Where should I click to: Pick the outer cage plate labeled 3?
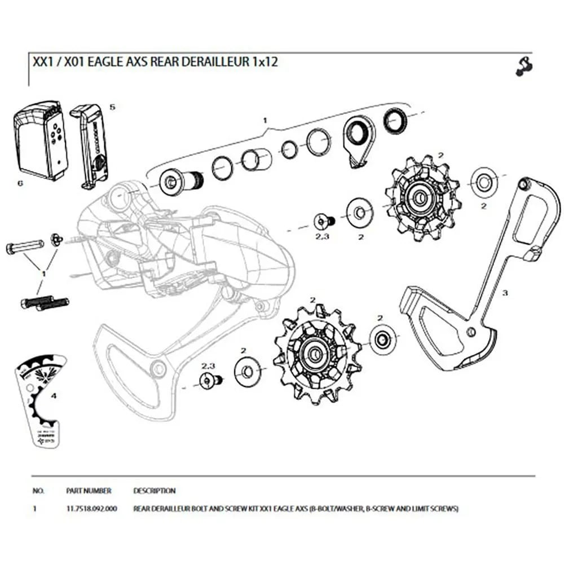point(479,282)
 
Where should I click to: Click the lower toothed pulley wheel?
point(316,350)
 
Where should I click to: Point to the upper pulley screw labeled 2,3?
point(323,221)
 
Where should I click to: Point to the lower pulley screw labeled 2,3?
point(210,381)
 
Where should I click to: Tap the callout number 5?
point(112,107)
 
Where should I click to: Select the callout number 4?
point(54,396)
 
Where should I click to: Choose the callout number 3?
point(505,293)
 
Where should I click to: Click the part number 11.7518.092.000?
point(91,509)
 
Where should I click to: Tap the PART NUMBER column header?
point(89,491)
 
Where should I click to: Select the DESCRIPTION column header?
point(154,491)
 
